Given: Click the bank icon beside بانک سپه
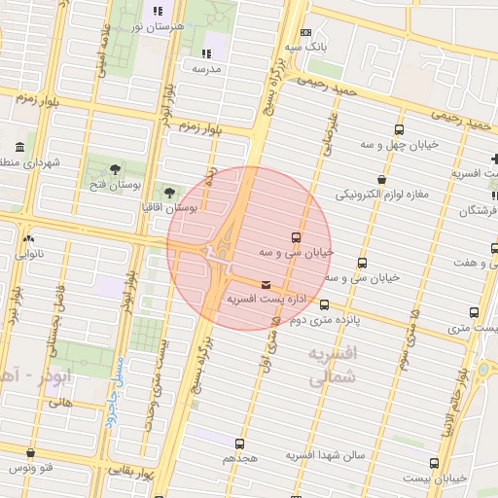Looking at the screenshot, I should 306,32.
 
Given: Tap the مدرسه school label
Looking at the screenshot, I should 206,69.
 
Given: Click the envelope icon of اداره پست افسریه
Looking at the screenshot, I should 267,284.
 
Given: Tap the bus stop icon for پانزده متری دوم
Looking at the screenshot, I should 324,304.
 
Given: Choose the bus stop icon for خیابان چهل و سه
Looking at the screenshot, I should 399,129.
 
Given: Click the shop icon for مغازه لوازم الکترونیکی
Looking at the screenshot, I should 380,180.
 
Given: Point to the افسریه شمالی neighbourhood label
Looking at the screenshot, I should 333,367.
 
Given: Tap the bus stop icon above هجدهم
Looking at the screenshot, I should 239,444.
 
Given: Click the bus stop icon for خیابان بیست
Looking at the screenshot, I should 433,464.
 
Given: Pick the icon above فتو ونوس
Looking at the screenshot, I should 31,453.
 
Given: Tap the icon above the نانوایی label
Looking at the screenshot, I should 28,239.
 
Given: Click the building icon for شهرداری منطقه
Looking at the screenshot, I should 18,148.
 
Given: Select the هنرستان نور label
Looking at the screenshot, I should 158,27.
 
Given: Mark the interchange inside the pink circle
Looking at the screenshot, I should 216,255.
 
